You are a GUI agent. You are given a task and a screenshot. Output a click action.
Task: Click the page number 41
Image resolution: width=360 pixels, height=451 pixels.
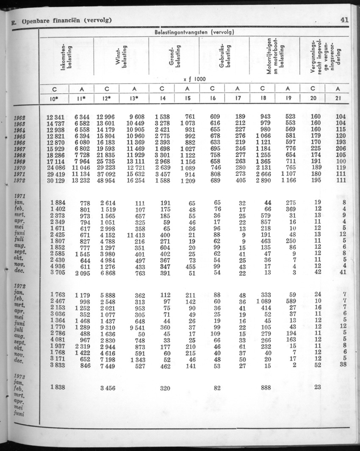(x=343, y=19)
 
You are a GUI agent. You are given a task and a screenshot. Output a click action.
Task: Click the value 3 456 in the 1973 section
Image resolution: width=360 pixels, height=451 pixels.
(x=106, y=387)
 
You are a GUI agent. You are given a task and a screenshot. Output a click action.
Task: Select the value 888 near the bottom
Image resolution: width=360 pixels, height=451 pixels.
(x=266, y=387)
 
